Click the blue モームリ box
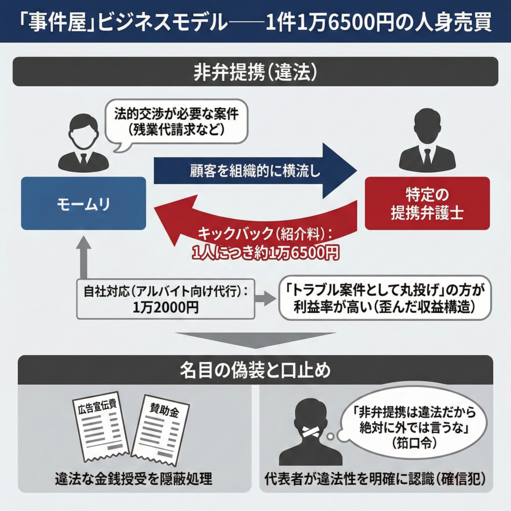83,204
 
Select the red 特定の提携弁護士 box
427,204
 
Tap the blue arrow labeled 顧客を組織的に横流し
255,171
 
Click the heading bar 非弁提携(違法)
255,72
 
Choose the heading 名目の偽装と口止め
255,370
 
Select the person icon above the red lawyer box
427,142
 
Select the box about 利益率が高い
382,298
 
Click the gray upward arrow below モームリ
83,257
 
